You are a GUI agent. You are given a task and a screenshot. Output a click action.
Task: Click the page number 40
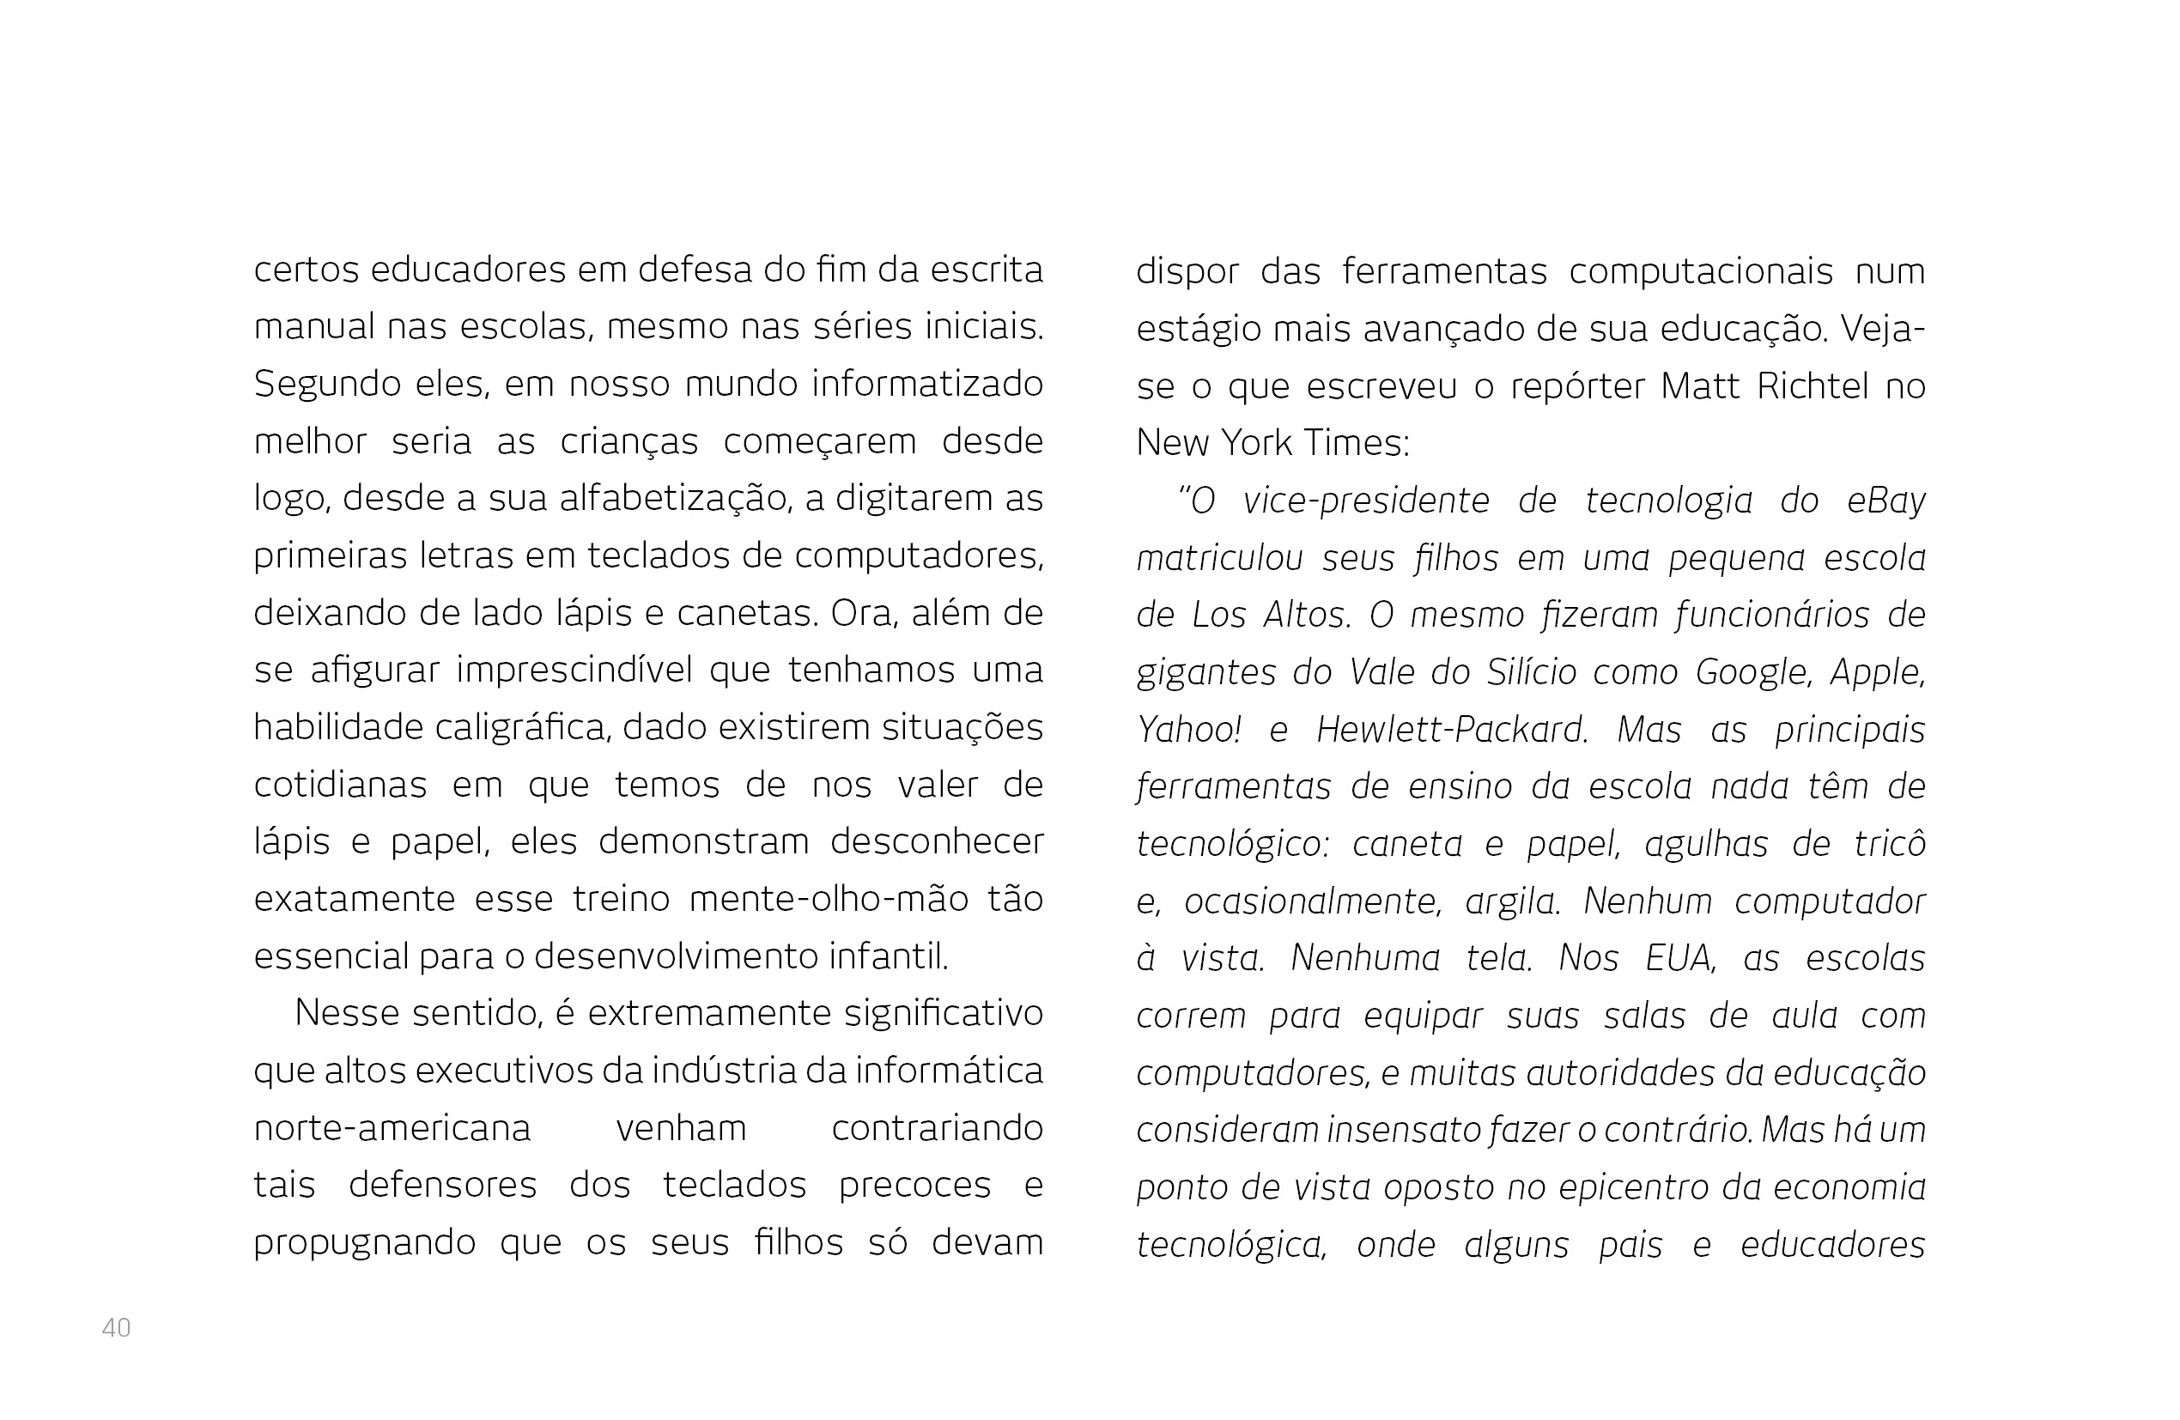[116, 1327]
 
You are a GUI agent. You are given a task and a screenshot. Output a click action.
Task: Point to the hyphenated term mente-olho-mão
[828, 899]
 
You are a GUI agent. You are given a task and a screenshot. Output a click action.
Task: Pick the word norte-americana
[392, 1128]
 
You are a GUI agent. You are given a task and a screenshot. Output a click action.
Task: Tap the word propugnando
[364, 1243]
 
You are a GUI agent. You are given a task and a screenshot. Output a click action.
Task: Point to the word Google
[1752, 672]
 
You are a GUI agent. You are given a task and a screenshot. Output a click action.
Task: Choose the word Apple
[1877, 672]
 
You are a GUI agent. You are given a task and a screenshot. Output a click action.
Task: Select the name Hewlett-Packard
[1451, 730]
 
